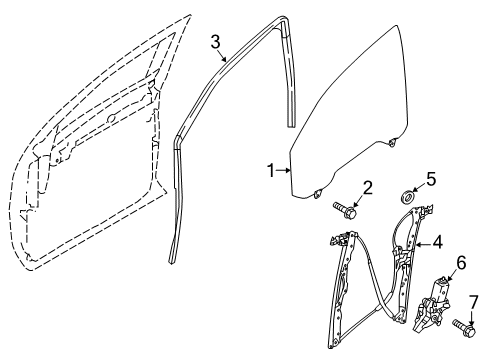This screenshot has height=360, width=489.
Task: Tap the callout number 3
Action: click(x=215, y=41)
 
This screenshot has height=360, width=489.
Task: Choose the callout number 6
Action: click(x=461, y=263)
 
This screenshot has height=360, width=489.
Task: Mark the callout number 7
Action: click(x=474, y=301)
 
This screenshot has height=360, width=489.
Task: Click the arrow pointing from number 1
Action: click(x=283, y=171)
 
